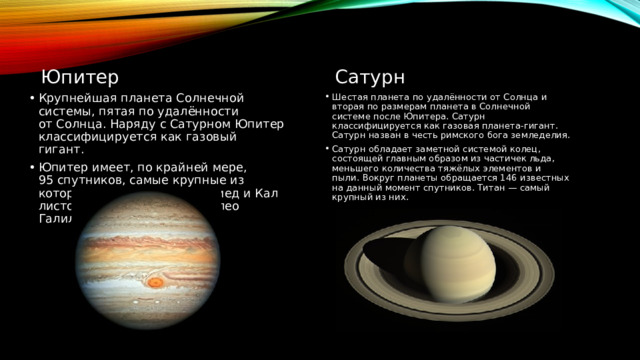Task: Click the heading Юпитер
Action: [x=81, y=77]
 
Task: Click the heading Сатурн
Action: [x=370, y=77]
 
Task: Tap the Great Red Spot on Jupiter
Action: [x=155, y=283]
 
